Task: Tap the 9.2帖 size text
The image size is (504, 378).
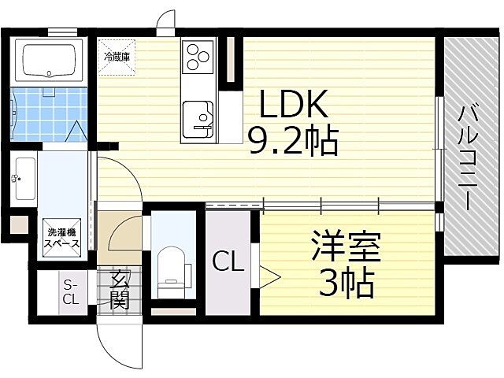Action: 293,143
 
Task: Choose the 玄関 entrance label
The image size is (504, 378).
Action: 119,289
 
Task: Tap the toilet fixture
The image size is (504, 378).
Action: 170,269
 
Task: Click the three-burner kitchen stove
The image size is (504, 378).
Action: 197,57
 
